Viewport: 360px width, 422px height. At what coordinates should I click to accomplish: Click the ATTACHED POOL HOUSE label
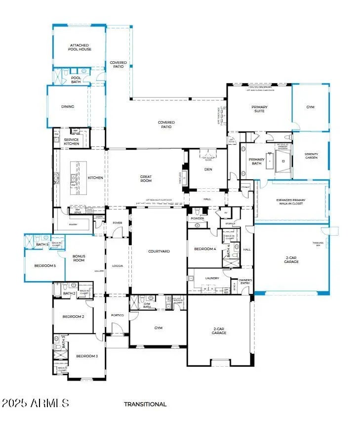click(x=80, y=47)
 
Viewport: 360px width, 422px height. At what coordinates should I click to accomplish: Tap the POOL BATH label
click(x=76, y=79)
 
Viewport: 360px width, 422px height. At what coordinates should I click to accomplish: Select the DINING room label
click(x=68, y=106)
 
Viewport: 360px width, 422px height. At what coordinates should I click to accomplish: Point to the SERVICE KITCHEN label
click(x=71, y=141)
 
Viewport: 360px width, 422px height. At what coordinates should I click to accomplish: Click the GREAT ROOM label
click(x=146, y=179)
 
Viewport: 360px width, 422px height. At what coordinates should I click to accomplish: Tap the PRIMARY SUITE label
click(x=259, y=109)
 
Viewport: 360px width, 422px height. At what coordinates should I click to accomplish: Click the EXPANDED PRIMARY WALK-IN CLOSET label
click(x=291, y=202)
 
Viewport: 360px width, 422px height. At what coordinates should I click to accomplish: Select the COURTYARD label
click(x=159, y=251)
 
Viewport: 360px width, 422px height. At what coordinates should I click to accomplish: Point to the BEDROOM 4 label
click(x=205, y=249)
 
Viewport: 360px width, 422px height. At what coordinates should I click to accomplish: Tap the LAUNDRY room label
click(x=212, y=278)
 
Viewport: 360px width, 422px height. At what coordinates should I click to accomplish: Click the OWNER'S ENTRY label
click(x=245, y=282)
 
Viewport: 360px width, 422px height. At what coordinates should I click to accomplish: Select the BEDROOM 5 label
click(x=45, y=266)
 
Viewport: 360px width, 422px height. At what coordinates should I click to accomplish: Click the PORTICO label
click(x=117, y=315)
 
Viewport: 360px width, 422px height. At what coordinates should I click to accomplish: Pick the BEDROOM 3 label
click(x=86, y=356)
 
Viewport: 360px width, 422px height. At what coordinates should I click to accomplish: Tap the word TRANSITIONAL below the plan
click(x=145, y=404)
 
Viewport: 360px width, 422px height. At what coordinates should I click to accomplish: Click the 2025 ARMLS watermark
click(x=35, y=403)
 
